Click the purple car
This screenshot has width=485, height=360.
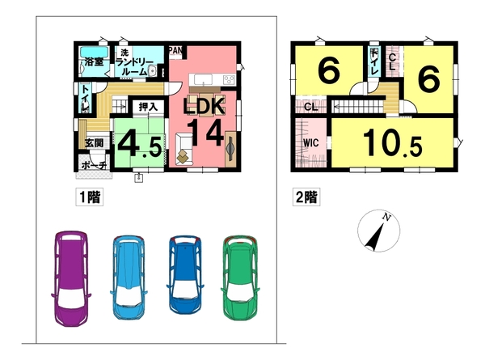71,278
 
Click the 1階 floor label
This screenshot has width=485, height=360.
90,197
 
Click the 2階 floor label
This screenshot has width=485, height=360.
306,197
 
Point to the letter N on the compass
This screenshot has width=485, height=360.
386,218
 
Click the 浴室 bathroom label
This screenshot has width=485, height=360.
94,61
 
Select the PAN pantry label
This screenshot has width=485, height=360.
175,50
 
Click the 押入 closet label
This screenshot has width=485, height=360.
148,107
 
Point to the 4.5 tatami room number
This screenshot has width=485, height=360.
140,145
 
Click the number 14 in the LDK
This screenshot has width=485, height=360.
205,133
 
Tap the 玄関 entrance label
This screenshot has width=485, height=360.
95,143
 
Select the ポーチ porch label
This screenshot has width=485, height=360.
95,166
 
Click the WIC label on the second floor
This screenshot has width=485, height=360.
310,143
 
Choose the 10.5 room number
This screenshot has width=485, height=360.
392,143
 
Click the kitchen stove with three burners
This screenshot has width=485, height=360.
230,79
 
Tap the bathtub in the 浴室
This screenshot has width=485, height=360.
94,52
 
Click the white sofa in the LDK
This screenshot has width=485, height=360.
183,148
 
